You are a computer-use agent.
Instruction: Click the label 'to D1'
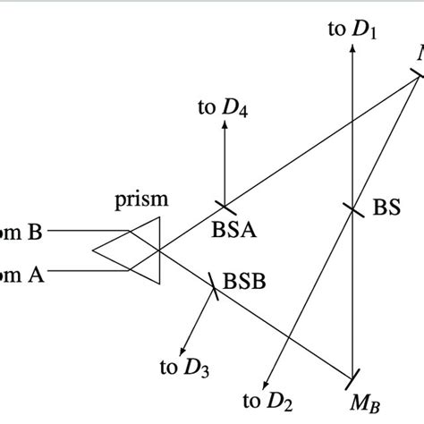point(353,30)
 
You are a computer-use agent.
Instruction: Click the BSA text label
point(234,231)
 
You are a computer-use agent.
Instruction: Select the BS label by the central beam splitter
point(386,208)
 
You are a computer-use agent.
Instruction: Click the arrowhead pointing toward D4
point(224,124)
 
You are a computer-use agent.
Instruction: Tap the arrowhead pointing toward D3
point(185,350)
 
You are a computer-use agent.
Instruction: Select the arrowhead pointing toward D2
point(271,380)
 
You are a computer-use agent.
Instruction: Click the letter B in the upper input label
point(35,233)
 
